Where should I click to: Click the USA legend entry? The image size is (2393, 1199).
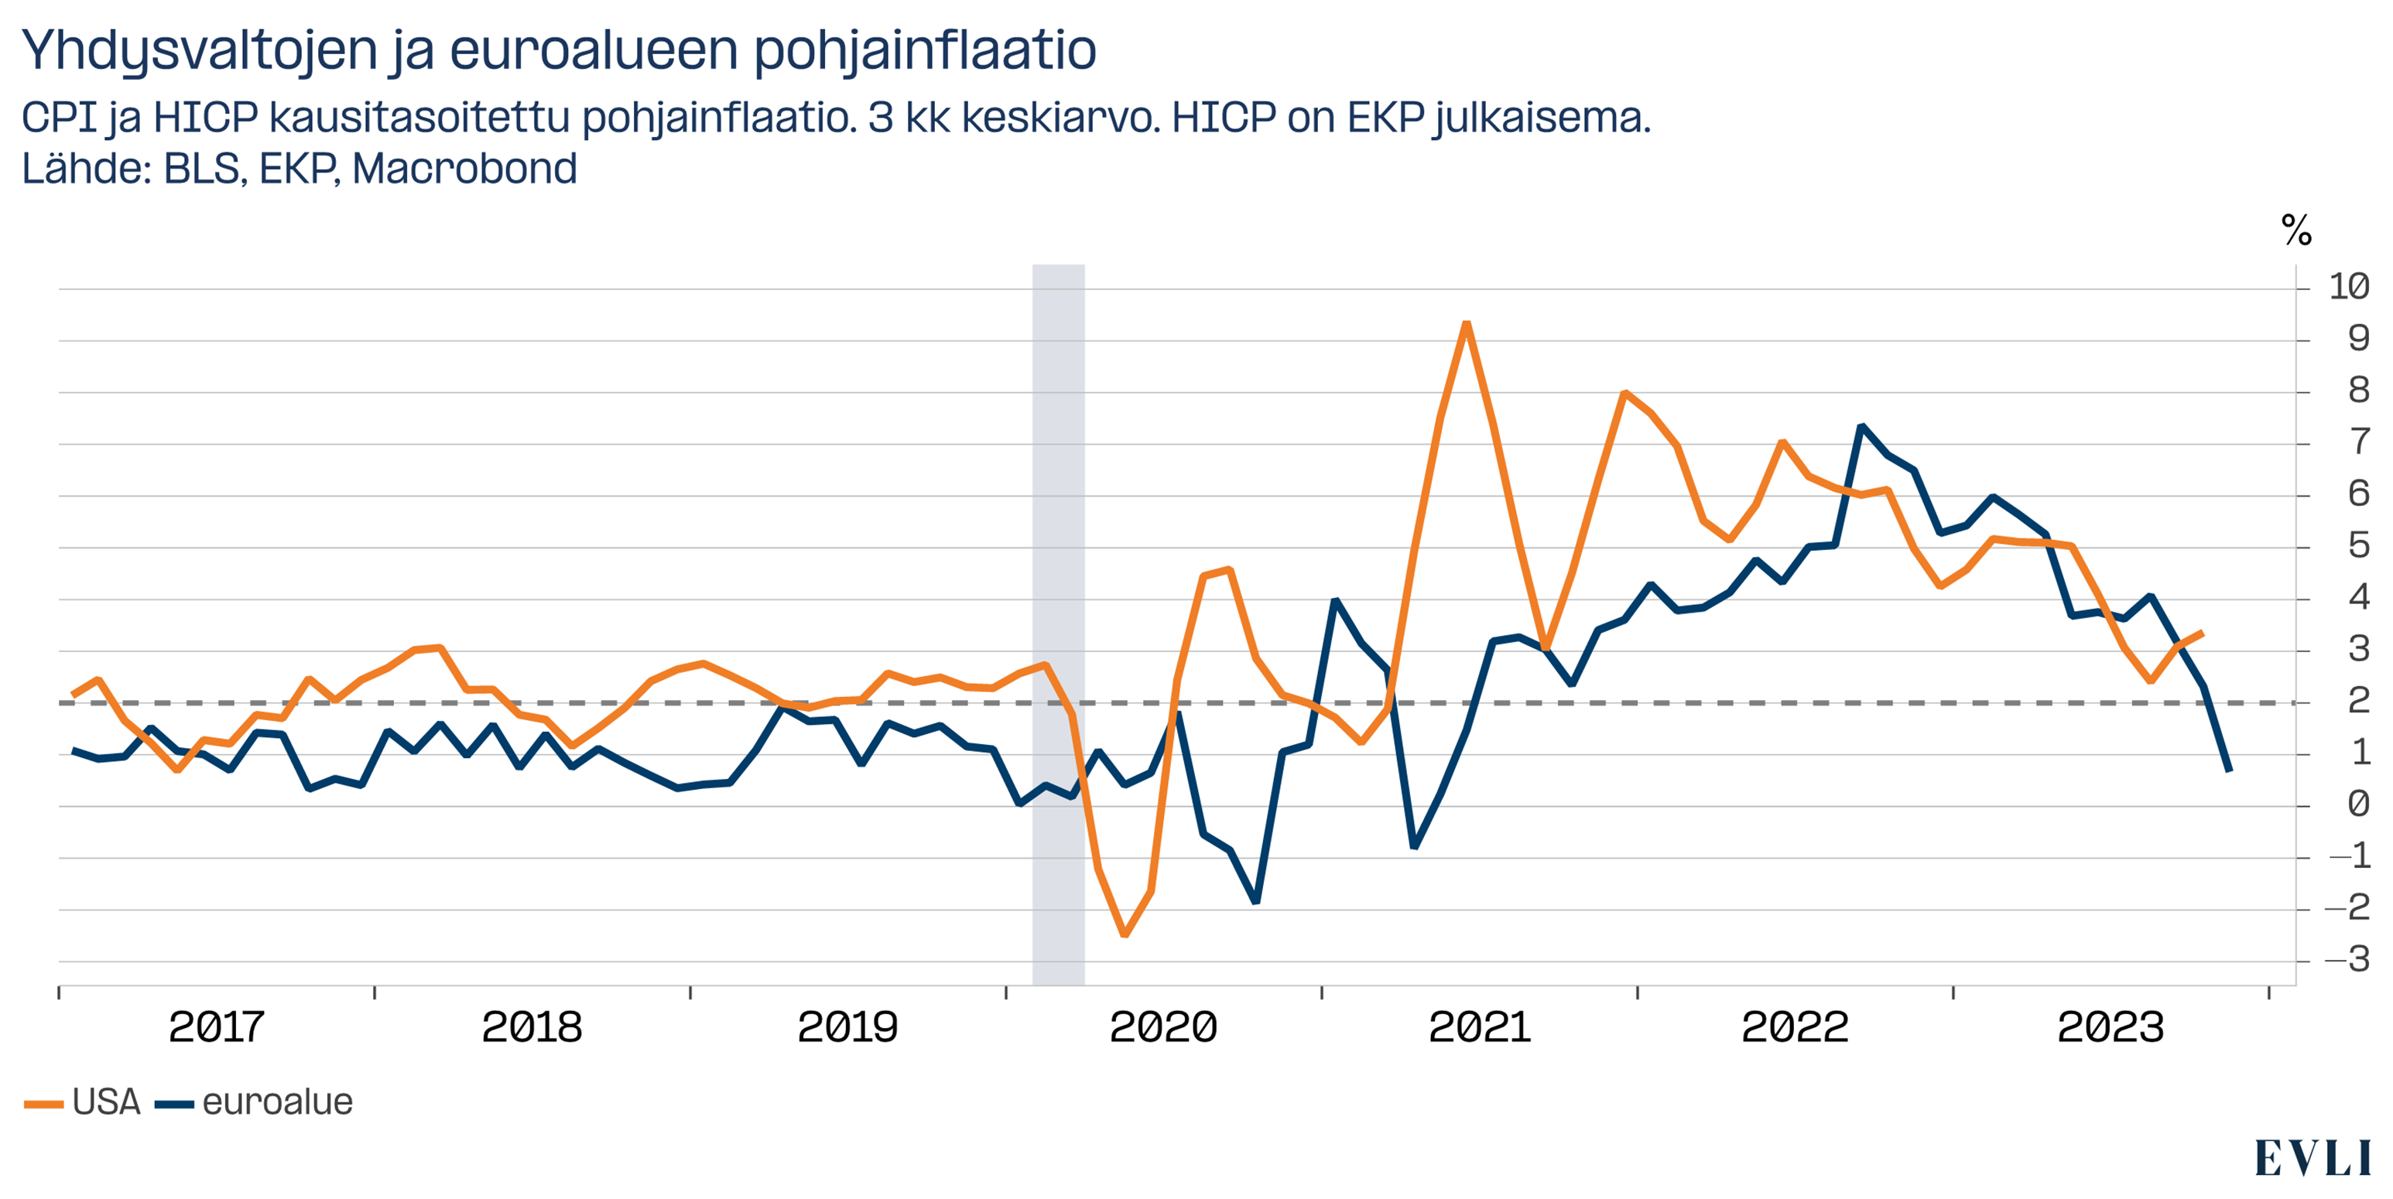coord(84,1102)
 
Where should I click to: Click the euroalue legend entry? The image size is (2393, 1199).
coord(255,1102)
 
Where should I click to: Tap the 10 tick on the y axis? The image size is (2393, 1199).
coord(2347,287)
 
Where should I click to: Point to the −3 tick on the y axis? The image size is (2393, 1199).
coord(2347,959)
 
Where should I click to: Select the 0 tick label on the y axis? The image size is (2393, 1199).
coord(2357,804)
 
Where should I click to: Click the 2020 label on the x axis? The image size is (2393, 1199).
coord(1163,1027)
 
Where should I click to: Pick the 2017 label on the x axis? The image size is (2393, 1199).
coord(217,1027)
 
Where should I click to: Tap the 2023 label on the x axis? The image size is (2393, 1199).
coord(2111,1027)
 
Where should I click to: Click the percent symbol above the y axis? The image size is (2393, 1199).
coord(2296,230)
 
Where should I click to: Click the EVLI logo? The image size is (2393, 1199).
coord(2313,1158)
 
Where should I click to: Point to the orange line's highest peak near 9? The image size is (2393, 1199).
coord(1466,323)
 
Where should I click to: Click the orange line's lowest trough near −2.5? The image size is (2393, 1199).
coord(1124,934)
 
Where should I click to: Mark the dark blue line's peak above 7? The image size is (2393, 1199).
coord(1861,426)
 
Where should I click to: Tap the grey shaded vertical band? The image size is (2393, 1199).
coord(1058,622)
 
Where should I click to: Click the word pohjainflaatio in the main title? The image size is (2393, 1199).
coord(924,51)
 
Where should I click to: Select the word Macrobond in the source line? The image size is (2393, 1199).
coord(464,169)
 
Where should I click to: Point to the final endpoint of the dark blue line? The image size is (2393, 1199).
coord(2230,770)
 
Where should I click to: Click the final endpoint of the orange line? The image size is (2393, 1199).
coord(2203,633)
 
